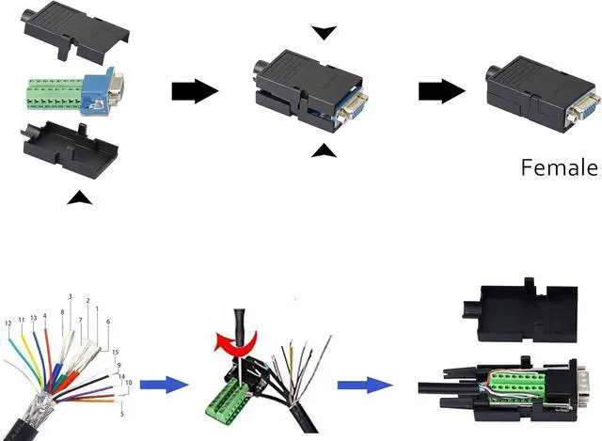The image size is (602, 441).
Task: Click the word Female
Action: pos(559,168)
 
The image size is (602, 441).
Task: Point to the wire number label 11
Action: pos(21,320)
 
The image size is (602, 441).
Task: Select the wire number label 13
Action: pos(33,318)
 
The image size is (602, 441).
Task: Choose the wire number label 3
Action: pos(71,297)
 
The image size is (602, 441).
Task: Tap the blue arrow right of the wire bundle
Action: pos(159,383)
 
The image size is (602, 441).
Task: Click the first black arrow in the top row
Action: pos(194,91)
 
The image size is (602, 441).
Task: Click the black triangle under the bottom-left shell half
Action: pos(82,197)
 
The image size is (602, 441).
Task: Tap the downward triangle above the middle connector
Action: pos(324,33)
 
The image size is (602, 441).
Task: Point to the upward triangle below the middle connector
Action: pos(324,150)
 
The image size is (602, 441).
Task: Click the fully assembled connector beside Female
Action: pos(540,95)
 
